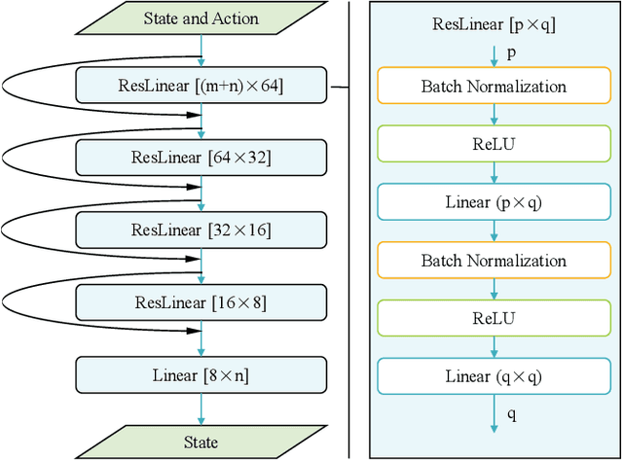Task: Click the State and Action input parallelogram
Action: click(x=201, y=18)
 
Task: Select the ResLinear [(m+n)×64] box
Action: click(x=201, y=87)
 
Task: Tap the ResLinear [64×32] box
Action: click(x=201, y=157)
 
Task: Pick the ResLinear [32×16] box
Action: click(x=201, y=230)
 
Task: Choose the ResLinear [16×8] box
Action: click(x=201, y=302)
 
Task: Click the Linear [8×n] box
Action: click(x=201, y=374)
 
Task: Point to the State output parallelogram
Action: click(x=201, y=442)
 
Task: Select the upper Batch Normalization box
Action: click(x=494, y=87)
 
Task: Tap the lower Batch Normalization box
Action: click(x=494, y=261)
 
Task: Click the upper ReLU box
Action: click(x=494, y=145)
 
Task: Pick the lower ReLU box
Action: click(x=494, y=318)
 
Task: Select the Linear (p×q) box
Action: click(x=494, y=202)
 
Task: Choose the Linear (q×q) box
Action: click(x=494, y=375)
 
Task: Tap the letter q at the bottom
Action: click(x=512, y=414)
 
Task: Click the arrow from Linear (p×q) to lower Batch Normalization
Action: click(x=494, y=231)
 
